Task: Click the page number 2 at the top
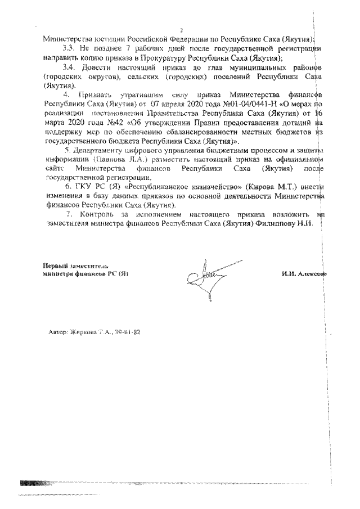coord(181,30)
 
